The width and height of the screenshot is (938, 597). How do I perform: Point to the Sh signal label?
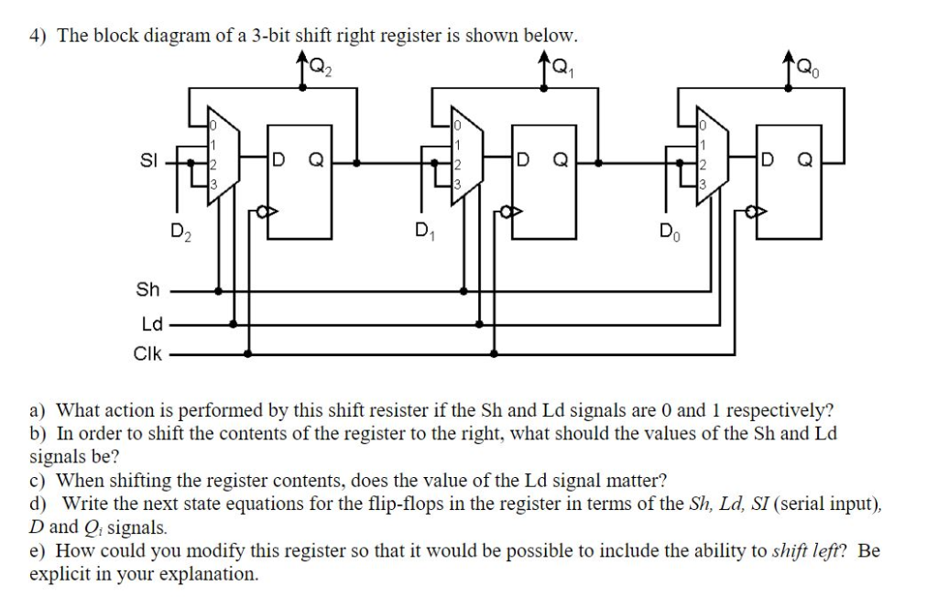[x=147, y=290]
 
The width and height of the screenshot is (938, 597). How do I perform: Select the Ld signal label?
[x=151, y=323]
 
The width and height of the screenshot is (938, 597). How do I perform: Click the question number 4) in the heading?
[x=38, y=36]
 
